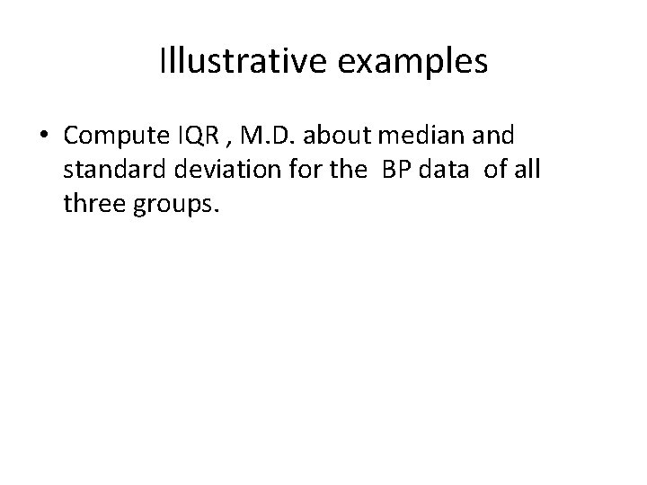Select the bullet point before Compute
point(43,137)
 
